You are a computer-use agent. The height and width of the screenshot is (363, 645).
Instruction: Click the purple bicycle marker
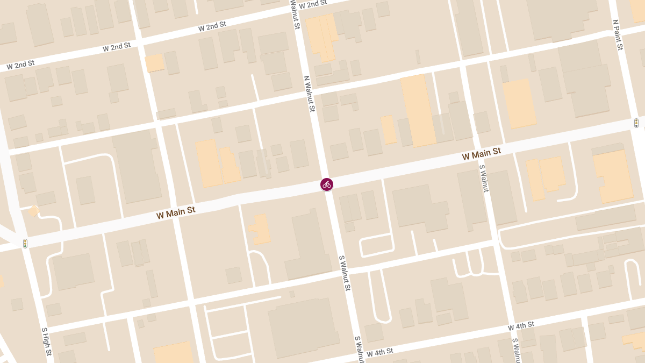(327, 184)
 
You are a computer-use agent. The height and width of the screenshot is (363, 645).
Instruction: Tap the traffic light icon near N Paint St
(636, 123)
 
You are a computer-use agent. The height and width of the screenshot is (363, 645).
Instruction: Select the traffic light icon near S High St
(25, 244)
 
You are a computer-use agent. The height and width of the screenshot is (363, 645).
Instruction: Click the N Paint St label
(618, 35)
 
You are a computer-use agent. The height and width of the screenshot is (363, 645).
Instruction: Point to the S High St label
(47, 341)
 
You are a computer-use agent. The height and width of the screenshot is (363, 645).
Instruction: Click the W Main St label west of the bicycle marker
(176, 212)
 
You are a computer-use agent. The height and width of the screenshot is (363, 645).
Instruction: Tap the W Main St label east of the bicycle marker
(481, 154)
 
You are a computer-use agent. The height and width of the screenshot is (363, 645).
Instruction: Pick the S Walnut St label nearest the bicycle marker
(345, 273)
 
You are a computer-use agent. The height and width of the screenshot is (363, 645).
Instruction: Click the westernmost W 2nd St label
(20, 66)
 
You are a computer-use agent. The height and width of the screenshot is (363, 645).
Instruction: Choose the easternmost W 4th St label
(521, 325)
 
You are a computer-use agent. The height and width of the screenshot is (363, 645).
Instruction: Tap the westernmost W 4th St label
(379, 352)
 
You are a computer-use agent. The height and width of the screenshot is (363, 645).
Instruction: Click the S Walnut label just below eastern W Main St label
(483, 178)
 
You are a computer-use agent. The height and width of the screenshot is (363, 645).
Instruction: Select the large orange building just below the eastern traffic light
(613, 175)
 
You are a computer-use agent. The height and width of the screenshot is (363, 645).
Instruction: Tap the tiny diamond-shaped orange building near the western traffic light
(33, 211)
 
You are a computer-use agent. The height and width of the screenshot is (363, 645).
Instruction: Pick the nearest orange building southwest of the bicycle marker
(260, 229)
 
